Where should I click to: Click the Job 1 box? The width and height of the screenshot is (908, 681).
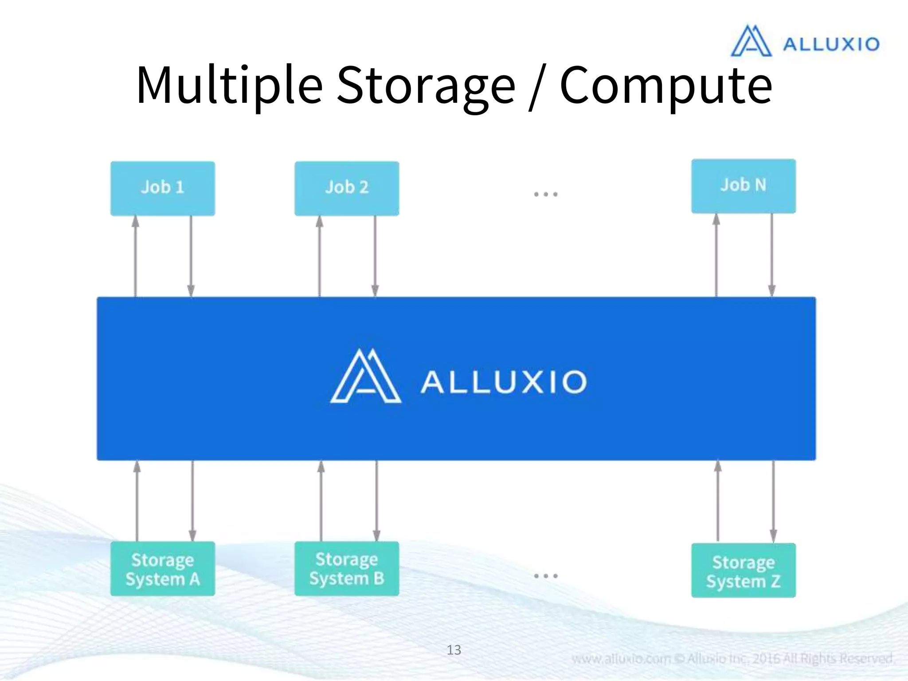(163, 188)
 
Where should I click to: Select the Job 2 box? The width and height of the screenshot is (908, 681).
(347, 188)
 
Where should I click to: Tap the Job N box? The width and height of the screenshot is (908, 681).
(744, 186)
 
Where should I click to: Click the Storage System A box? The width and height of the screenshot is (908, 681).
(163, 569)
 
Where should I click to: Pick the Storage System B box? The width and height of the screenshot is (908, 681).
(347, 568)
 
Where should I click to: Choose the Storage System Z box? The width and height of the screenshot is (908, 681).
(744, 571)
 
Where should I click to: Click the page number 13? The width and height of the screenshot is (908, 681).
(454, 650)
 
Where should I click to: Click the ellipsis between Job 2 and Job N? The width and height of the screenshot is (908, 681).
(545, 194)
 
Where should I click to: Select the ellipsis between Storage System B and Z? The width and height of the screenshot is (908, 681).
(545, 575)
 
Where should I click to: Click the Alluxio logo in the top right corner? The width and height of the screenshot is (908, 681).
(805, 41)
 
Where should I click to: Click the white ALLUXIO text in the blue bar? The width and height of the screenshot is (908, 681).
(504, 382)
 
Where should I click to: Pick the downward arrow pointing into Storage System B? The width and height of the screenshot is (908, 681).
(376, 501)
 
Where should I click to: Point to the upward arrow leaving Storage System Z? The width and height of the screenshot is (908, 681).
(718, 501)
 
